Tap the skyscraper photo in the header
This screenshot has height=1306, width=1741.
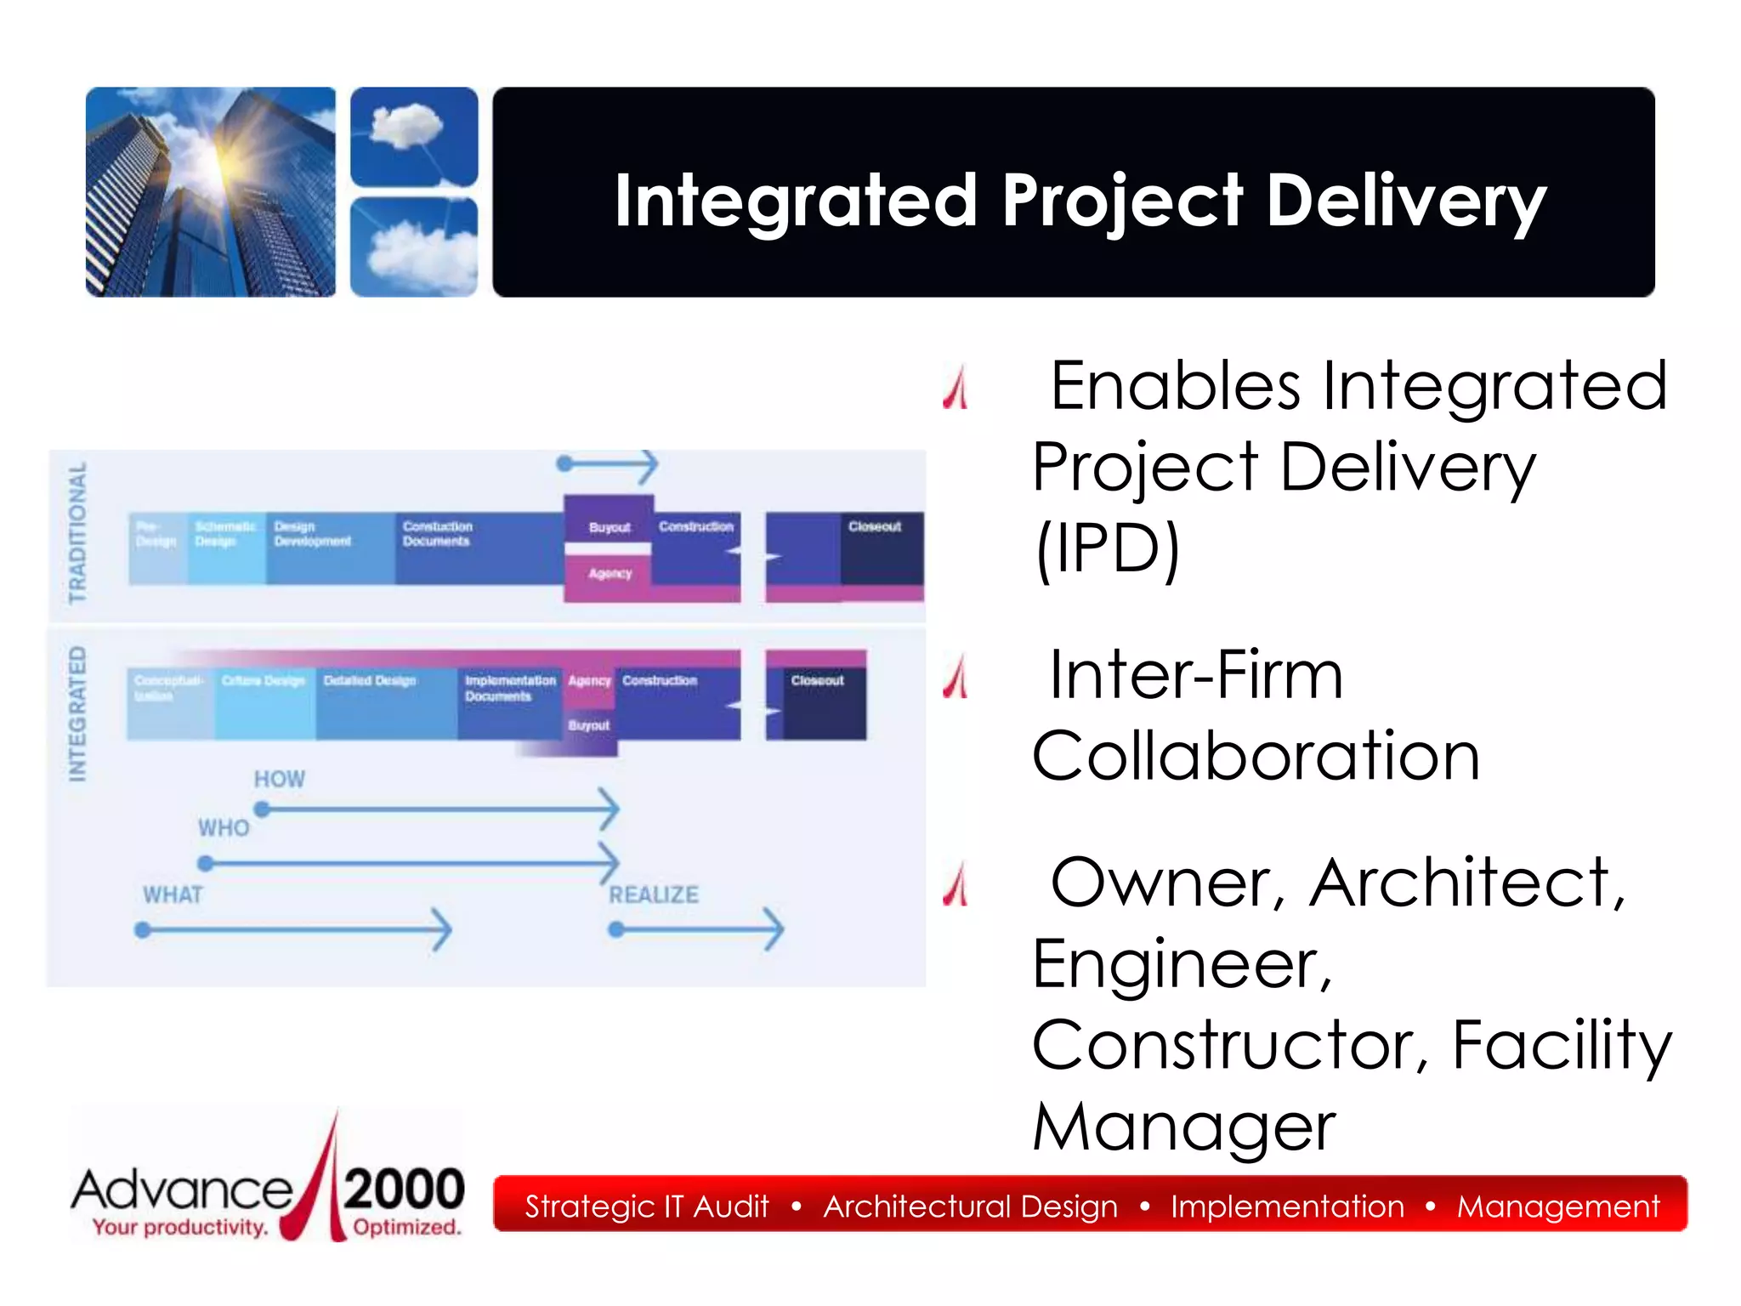(210, 192)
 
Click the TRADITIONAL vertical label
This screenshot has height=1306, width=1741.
(77, 532)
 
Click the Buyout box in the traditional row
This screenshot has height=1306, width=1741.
(609, 527)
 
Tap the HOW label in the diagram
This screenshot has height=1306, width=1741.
(279, 779)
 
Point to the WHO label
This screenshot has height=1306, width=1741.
(224, 827)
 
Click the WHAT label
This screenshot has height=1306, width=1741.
(173, 894)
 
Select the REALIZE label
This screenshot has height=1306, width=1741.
(654, 894)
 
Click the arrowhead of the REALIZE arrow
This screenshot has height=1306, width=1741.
(774, 929)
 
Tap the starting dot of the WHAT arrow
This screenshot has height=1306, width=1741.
(143, 930)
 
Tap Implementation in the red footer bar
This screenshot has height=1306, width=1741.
(1287, 1206)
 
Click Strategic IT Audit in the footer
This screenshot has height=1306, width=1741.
(646, 1206)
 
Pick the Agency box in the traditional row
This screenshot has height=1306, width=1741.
(610, 574)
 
